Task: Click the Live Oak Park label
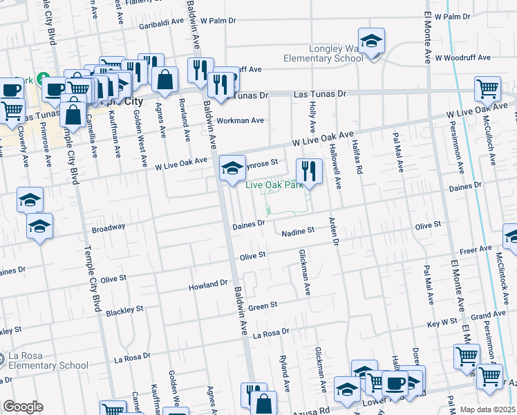[276, 184]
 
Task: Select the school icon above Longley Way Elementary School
[371, 41]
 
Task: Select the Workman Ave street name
[241, 120]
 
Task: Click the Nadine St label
[298, 231]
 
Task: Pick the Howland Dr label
[209, 284]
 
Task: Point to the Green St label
[263, 305]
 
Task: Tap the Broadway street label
[109, 228]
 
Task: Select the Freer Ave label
[476, 248]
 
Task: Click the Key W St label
[442, 322]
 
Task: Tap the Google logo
[23, 407]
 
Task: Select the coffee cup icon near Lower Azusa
[395, 384]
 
